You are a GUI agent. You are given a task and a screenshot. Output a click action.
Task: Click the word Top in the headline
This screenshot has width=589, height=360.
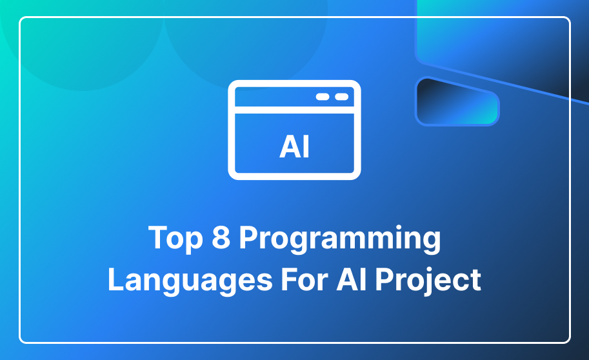[175, 239]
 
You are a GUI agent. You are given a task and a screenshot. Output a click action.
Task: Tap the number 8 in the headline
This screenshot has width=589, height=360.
[221, 237]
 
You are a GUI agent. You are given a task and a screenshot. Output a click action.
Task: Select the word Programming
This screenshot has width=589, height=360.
[340, 239]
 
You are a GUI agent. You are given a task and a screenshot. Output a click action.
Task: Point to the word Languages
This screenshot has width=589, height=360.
[190, 281]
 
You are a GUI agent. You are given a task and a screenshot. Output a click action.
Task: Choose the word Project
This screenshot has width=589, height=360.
[428, 281]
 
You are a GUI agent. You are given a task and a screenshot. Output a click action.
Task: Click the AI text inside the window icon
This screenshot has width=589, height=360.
[294, 146]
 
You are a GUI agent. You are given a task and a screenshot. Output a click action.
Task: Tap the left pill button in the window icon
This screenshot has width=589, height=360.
[323, 97]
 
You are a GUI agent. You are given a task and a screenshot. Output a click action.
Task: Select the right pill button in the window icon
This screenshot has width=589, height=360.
[341, 97]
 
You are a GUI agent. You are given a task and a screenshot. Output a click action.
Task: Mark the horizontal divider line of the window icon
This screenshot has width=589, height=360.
[294, 110]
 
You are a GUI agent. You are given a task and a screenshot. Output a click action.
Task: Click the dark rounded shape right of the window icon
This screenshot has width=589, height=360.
[457, 101]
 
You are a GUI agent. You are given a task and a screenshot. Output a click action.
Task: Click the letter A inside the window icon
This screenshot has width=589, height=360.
[289, 146]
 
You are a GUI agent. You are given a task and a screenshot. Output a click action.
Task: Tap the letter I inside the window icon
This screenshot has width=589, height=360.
[306, 146]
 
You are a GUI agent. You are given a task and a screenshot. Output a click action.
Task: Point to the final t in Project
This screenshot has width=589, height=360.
[475, 281]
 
